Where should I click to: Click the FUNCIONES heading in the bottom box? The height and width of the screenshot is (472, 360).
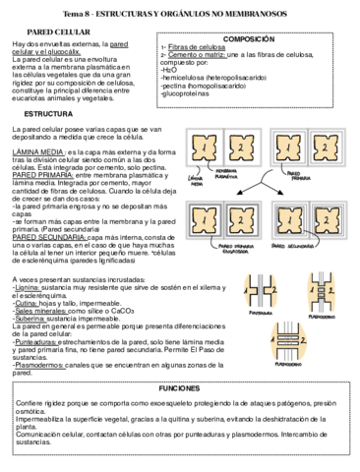tap(179, 389)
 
